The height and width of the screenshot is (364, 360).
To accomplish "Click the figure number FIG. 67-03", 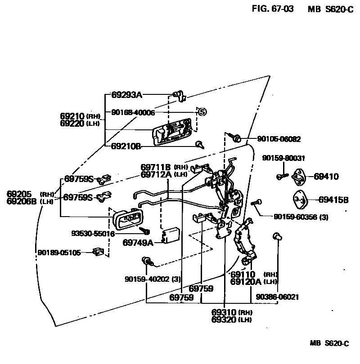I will [273, 9].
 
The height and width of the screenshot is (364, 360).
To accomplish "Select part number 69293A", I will [126, 95].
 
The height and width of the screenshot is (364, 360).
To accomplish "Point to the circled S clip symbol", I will [202, 111].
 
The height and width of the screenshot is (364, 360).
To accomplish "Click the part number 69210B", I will [126, 146].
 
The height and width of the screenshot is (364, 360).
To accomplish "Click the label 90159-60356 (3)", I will [301, 217].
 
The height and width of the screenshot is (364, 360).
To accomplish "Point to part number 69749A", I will [138, 243].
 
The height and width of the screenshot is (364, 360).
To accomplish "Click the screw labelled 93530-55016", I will [147, 231].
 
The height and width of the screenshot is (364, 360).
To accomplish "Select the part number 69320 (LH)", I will [231, 320].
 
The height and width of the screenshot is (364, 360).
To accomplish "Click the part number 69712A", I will [156, 174].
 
